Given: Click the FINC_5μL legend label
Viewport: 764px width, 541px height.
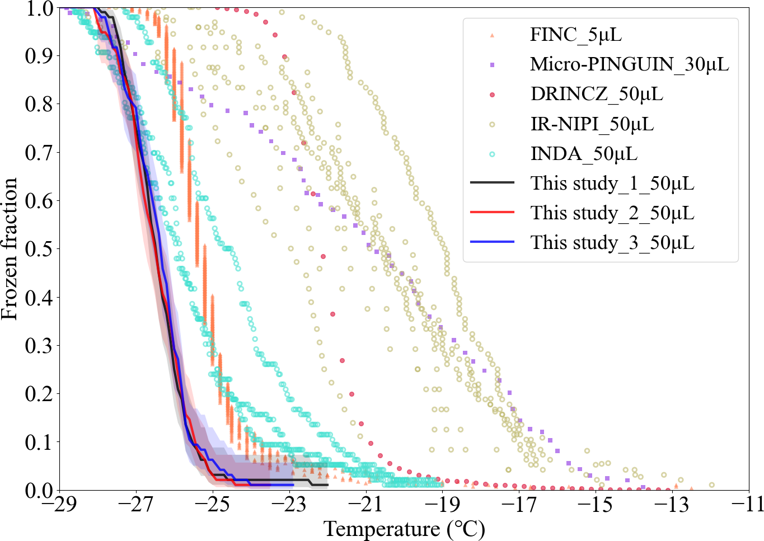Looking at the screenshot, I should pyautogui.click(x=576, y=35).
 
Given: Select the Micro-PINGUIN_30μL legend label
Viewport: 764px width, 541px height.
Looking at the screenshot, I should pyautogui.click(x=630, y=64).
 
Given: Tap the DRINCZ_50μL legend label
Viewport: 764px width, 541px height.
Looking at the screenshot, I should pyautogui.click(x=597, y=94).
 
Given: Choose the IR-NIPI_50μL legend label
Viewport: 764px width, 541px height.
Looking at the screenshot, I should pyautogui.click(x=592, y=124).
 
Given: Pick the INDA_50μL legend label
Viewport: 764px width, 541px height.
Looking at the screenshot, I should pyautogui.click(x=584, y=153).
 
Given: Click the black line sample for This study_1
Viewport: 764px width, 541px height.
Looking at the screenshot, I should pyautogui.click(x=492, y=183).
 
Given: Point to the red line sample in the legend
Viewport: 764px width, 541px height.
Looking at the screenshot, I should pyautogui.click(x=492, y=213).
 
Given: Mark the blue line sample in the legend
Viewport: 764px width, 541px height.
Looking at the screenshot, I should pyautogui.click(x=492, y=242).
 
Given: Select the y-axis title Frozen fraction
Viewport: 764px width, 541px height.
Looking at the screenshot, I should pyautogui.click(x=10, y=249).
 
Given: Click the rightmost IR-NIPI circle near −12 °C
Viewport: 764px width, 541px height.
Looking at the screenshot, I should pyautogui.click(x=711, y=485).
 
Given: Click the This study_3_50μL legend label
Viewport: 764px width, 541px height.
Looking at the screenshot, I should pyautogui.click(x=612, y=243).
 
